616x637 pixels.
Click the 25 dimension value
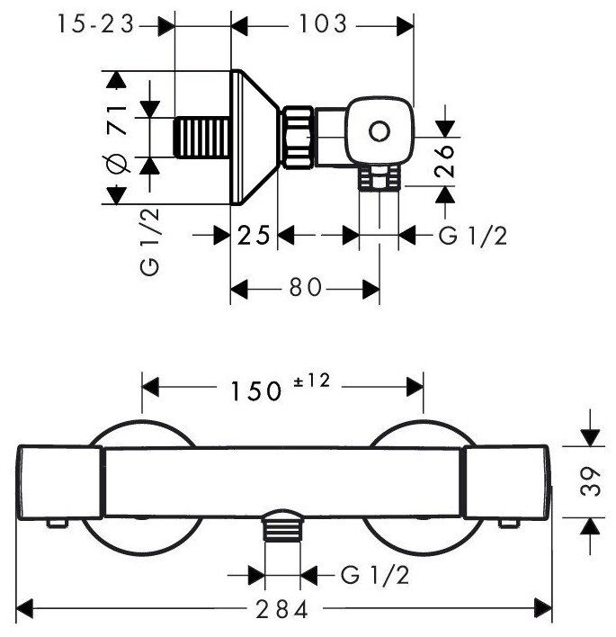(254, 236)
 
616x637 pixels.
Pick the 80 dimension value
(304, 288)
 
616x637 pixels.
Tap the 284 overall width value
(281, 609)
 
